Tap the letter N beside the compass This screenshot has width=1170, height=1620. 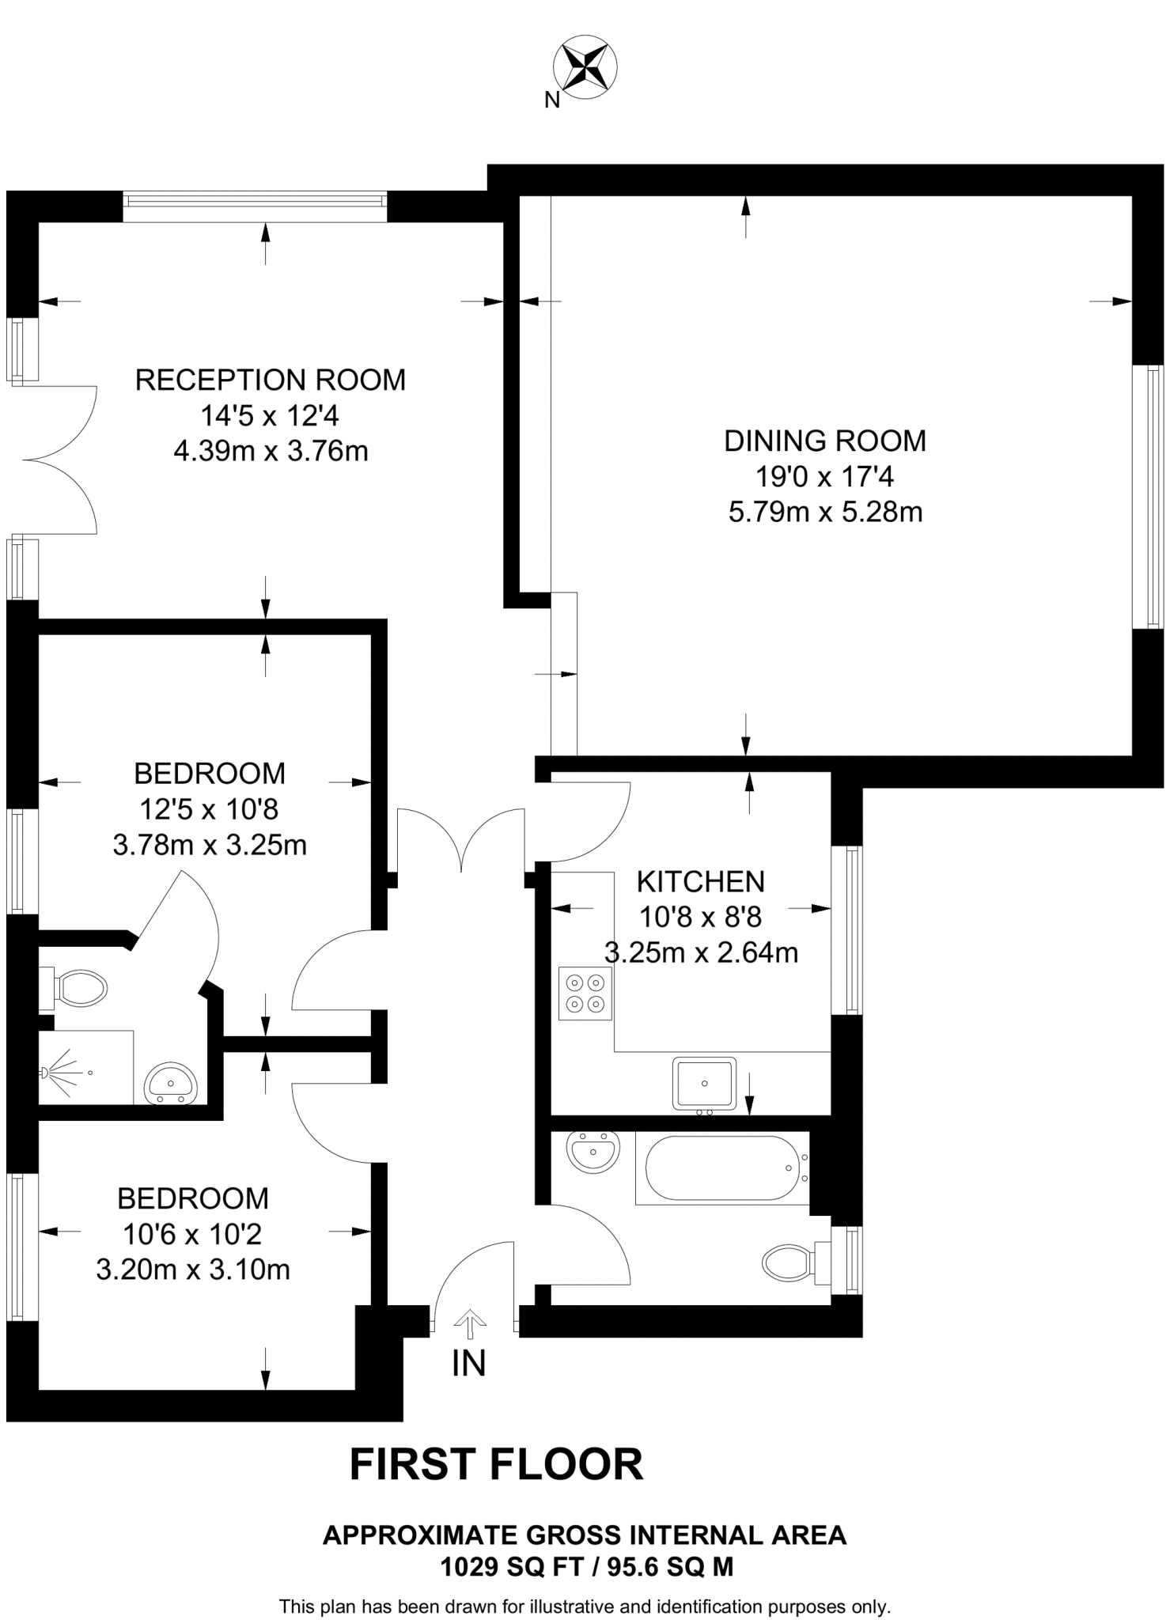pyautogui.click(x=552, y=100)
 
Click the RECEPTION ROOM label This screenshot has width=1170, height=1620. pyautogui.click(x=271, y=380)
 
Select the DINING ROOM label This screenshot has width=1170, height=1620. pyautogui.click(x=825, y=441)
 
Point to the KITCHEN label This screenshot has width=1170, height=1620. pyautogui.click(x=701, y=881)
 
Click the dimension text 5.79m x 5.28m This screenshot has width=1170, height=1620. pyautogui.click(x=825, y=513)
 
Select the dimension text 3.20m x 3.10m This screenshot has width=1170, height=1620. pyautogui.click(x=193, y=1270)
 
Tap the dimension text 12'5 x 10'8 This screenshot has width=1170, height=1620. pyautogui.click(x=209, y=809)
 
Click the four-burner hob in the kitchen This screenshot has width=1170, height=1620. pyautogui.click(x=585, y=994)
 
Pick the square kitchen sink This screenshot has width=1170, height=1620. pyautogui.click(x=704, y=1084)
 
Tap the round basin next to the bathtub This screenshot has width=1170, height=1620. pyautogui.click(x=593, y=1151)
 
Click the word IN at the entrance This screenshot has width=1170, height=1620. pyautogui.click(x=468, y=1363)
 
